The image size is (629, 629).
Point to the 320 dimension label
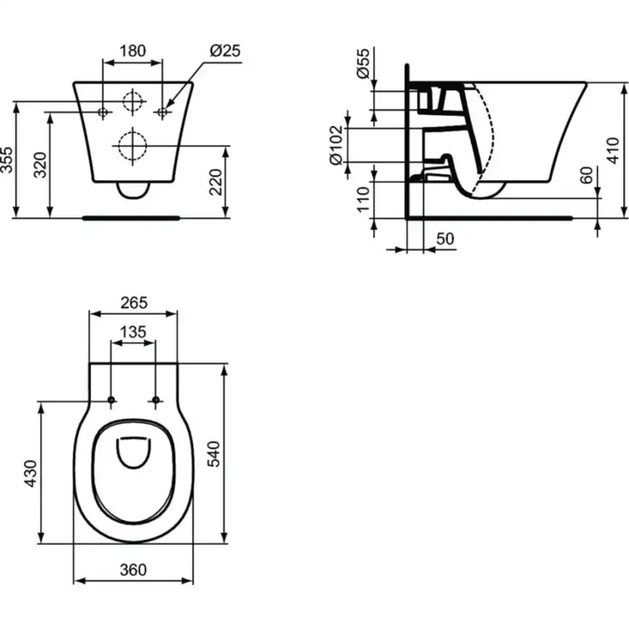click(x=41, y=165)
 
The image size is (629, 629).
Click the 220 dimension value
click(x=216, y=181)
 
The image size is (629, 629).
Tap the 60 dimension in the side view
click(x=587, y=175)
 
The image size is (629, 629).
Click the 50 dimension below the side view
click(x=445, y=238)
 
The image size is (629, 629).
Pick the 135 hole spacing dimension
click(x=133, y=332)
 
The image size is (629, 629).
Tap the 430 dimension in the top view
click(x=31, y=473)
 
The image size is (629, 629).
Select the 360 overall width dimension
click(x=133, y=570)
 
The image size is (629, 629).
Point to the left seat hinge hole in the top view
click(x=111, y=400)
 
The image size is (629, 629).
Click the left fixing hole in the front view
click(x=103, y=111)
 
